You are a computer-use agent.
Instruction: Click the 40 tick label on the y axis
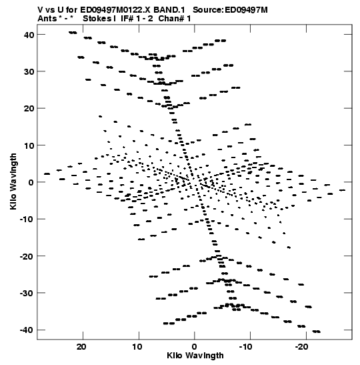point(29,35)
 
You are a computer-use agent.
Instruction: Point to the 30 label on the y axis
point(29,71)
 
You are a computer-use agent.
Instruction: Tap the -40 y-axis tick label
point(27,330)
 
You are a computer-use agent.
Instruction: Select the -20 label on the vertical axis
point(27,256)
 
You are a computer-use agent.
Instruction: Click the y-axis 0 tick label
point(31,183)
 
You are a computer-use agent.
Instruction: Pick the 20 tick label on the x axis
point(81,347)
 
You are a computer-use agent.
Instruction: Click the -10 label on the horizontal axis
point(245,347)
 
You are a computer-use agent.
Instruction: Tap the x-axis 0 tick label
point(194,347)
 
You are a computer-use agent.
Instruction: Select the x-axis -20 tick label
point(301,347)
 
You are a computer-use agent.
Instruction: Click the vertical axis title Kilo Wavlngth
point(13,181)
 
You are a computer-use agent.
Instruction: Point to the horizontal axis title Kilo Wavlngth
point(195,356)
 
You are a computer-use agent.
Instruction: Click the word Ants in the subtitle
point(47,19)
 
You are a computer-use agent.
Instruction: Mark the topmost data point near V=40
point(73,33)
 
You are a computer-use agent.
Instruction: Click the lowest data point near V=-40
point(317,332)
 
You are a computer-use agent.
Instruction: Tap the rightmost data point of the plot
point(342,190)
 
